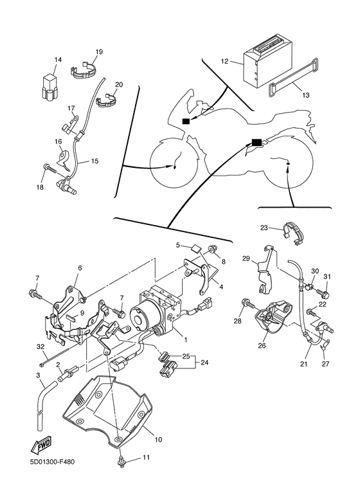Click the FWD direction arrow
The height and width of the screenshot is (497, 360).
(41, 445)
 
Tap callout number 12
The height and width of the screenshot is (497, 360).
(225, 61)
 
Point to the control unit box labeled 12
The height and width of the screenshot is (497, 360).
(267, 66)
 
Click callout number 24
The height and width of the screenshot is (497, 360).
(204, 361)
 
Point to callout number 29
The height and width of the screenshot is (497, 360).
(246, 258)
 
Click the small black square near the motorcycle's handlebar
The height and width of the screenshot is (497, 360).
(186, 121)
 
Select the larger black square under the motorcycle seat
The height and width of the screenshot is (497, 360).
(256, 142)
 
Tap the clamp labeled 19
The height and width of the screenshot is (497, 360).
(83, 71)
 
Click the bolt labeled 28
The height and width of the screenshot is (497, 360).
(248, 303)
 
